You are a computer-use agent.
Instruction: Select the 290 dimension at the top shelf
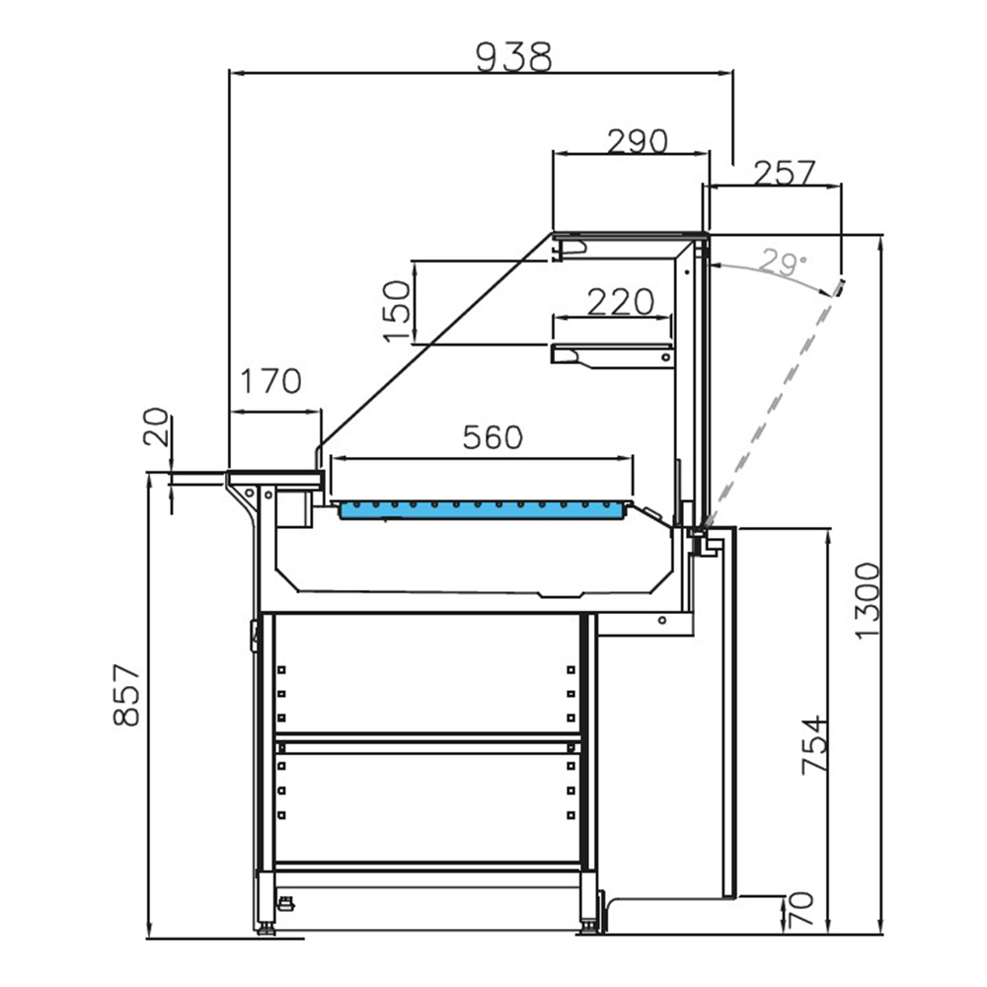tap(637, 142)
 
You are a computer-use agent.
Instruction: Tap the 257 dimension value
tap(785, 173)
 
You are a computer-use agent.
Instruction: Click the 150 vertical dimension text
tap(397, 311)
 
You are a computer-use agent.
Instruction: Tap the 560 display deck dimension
tap(492, 436)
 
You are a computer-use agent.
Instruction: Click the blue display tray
tap(484, 508)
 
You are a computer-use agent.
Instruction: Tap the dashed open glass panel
tap(780, 395)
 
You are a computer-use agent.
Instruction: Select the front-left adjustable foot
tap(267, 923)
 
